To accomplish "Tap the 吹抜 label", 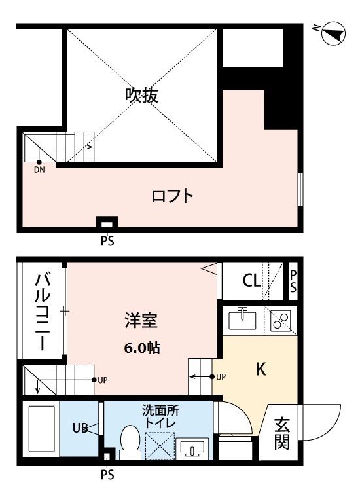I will (142, 95).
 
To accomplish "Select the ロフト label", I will (172, 195).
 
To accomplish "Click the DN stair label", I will (39, 169).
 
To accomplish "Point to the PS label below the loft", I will (107, 241).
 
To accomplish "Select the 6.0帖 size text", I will (142, 348).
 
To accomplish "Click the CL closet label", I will (252, 282).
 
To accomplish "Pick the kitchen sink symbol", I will (242, 319).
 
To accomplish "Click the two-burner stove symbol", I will (281, 320).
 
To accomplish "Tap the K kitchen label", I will (260, 370).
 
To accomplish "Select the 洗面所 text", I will (160, 412).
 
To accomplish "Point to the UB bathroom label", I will (80, 429).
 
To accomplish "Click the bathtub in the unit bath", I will (40, 430).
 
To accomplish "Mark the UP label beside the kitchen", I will (221, 377).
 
